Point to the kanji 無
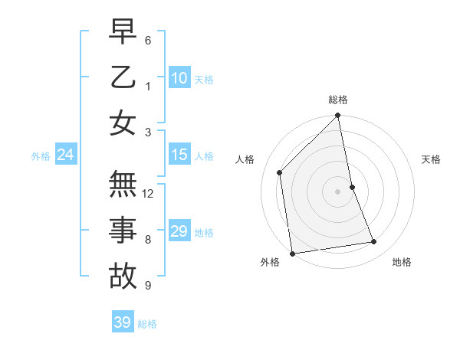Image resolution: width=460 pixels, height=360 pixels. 123,185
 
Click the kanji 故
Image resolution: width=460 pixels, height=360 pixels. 123,276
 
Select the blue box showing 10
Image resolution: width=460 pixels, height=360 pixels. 179,77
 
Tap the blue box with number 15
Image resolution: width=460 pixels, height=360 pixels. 179,155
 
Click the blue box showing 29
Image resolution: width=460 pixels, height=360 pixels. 179,231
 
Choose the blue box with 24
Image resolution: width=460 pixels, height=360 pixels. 65,155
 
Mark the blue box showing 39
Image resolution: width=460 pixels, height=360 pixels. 122,322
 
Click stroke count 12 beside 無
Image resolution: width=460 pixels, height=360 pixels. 148,194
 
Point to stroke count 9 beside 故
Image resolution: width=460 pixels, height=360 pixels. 148,286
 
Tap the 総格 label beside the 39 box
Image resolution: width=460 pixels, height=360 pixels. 147,324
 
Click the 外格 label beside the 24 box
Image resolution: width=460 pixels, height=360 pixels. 41,156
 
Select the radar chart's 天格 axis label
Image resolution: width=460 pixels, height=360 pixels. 431,159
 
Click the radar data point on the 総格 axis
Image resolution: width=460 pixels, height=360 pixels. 338,116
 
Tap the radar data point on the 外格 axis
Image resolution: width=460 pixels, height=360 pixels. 292,253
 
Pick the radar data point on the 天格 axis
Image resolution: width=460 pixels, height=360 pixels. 352,187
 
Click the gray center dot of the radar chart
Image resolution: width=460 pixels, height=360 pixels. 338,191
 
